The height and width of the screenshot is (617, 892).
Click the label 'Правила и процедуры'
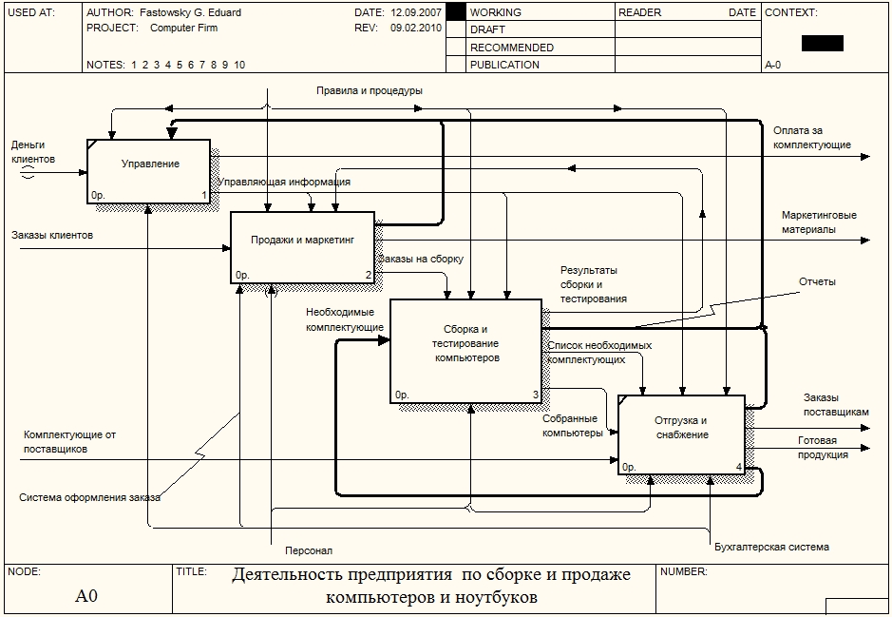(370, 90)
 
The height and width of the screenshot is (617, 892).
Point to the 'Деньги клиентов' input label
(33, 152)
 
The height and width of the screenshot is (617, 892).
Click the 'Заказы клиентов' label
(52, 234)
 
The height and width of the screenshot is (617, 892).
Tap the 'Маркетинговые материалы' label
(819, 222)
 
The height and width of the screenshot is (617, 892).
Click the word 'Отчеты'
(817, 282)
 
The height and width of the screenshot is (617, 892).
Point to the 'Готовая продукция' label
(823, 448)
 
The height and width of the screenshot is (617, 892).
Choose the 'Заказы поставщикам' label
(835, 405)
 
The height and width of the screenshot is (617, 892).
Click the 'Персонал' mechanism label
(309, 550)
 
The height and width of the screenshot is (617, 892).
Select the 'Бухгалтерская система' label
(771, 547)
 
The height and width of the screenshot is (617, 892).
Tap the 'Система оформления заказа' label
(89, 497)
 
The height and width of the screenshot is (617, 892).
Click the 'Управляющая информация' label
(284, 182)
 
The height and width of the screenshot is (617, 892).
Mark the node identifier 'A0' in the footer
(86, 597)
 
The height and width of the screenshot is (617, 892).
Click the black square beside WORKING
(455, 12)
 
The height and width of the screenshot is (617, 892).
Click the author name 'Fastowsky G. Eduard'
(190, 13)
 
